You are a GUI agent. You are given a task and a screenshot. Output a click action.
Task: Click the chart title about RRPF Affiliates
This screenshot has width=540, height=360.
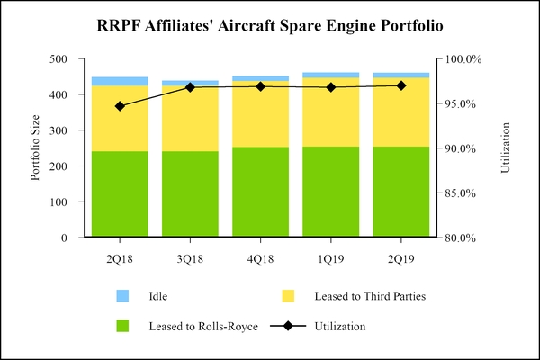tap(270, 25)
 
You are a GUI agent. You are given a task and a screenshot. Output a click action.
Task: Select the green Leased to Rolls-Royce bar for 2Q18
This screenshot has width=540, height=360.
tap(120, 194)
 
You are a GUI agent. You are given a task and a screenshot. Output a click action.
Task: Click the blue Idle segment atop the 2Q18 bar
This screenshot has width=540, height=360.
tap(120, 81)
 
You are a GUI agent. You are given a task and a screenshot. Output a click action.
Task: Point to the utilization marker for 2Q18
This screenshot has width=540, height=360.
tap(120, 106)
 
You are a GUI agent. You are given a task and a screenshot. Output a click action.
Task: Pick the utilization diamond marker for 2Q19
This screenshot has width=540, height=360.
tap(401, 85)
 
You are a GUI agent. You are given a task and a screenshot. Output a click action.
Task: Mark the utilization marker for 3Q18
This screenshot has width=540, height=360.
tap(190, 87)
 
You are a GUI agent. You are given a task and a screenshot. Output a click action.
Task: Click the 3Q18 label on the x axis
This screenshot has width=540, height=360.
tap(190, 258)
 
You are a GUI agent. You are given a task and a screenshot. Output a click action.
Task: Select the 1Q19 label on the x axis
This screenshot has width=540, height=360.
tap(330, 258)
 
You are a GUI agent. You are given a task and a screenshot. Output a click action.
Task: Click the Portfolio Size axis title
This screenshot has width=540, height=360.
tap(36, 148)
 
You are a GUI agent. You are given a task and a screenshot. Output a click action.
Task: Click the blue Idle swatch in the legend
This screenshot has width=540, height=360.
tap(123, 295)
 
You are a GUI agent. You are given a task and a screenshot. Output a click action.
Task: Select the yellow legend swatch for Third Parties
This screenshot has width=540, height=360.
tap(288, 295)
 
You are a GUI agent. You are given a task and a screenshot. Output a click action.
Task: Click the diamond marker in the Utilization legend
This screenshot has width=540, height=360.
tap(288, 326)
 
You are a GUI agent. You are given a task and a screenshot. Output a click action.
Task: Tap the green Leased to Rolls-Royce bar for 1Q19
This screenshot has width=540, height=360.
tap(330, 193)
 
